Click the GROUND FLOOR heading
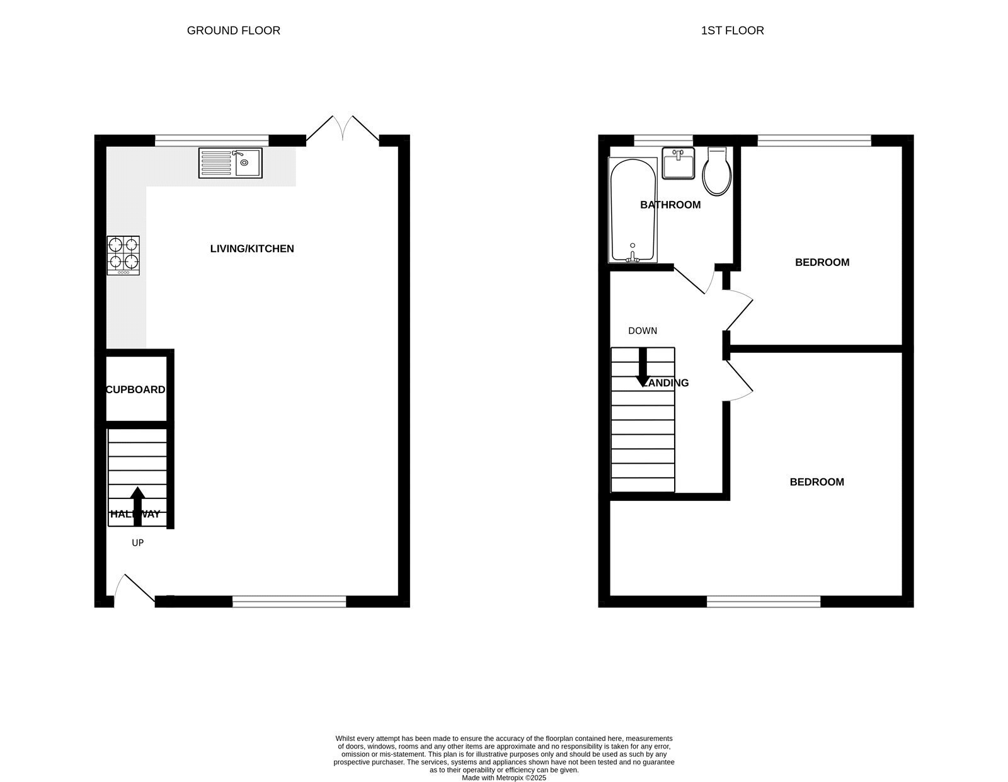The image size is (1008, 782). (x=233, y=31)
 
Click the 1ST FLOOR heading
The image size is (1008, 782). (x=732, y=31)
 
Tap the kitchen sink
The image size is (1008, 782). (x=230, y=163)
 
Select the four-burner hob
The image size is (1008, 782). (x=123, y=256)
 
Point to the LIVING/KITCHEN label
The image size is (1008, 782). (x=252, y=249)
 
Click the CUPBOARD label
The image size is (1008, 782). (x=135, y=389)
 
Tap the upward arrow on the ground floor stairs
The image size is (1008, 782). (x=137, y=506)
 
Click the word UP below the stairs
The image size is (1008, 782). (x=138, y=543)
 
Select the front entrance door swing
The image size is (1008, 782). (x=135, y=589)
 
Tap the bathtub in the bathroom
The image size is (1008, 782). (x=633, y=210)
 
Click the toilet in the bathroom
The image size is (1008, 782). (x=717, y=171)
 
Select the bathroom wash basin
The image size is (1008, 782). (x=678, y=163)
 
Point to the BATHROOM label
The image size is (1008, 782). (x=670, y=205)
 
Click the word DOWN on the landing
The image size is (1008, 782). (x=643, y=331)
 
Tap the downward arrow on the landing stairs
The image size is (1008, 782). (x=643, y=367)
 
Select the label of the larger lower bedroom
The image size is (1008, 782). (x=817, y=482)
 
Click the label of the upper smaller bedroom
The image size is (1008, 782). (x=822, y=262)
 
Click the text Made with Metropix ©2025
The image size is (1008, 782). (x=504, y=778)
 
